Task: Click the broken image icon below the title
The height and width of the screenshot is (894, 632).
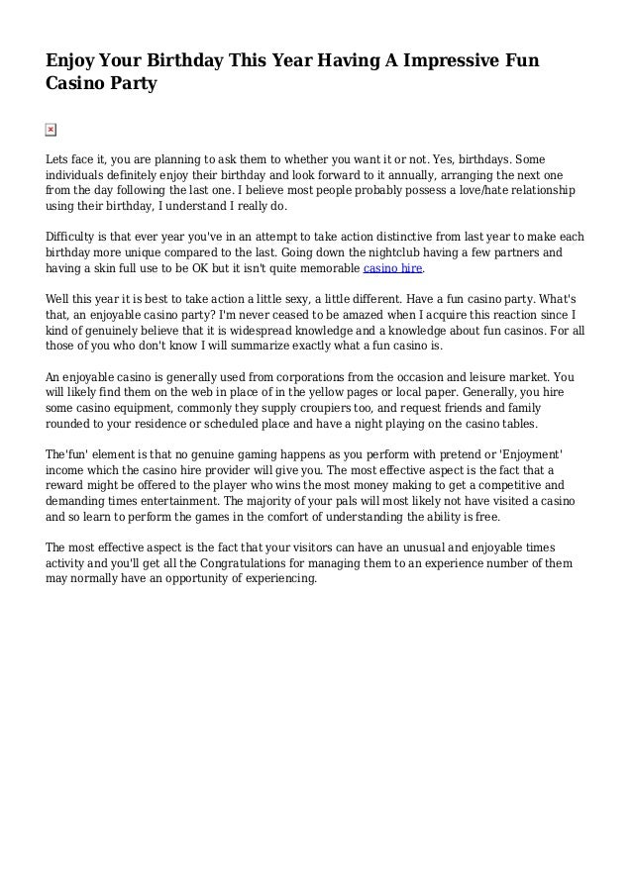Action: tap(52, 130)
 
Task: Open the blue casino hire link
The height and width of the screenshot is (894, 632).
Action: tap(393, 268)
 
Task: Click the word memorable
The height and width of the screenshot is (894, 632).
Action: tap(327, 268)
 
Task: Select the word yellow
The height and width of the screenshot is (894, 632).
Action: tap(330, 393)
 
